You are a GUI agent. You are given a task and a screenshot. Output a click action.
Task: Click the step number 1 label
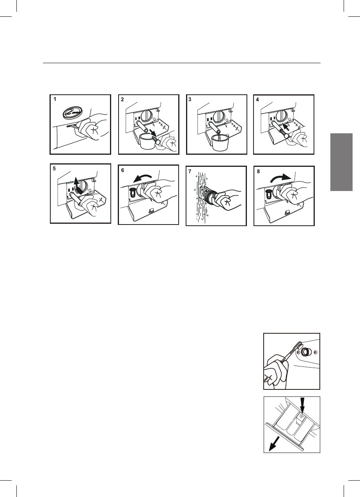55,99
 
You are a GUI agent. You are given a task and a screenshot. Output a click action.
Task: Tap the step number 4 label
257,100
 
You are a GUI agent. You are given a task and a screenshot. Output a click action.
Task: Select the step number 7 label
190,172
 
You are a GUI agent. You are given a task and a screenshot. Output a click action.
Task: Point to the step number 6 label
123,170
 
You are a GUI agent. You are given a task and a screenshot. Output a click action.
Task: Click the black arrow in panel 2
153,133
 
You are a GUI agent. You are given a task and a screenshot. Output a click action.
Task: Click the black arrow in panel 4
287,127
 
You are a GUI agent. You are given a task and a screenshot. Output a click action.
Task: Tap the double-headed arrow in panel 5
78,186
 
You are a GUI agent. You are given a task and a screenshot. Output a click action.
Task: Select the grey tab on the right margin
341,162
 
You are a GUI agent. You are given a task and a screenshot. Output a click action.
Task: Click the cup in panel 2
147,142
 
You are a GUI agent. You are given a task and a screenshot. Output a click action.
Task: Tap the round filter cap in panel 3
219,116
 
